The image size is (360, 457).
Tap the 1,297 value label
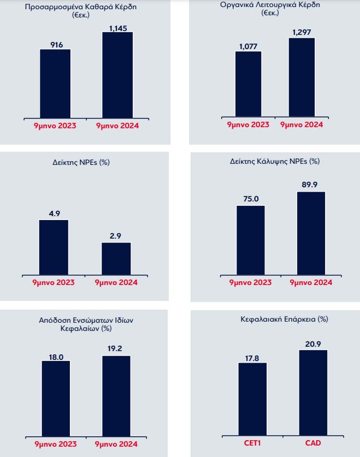click(302, 32)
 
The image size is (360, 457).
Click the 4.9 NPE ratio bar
click(54, 247)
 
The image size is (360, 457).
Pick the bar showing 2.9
click(116, 258)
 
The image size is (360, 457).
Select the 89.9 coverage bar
click(311, 233)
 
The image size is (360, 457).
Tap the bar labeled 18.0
click(56, 398)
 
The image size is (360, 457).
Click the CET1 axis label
click(253, 443)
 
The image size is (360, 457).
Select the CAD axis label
click(312, 443)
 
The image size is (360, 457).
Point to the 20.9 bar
click(313, 393)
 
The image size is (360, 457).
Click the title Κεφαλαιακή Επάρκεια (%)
click(284, 319)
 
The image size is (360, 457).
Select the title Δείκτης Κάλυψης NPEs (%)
click(275, 162)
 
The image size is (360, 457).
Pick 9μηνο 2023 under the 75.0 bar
click(250, 283)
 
